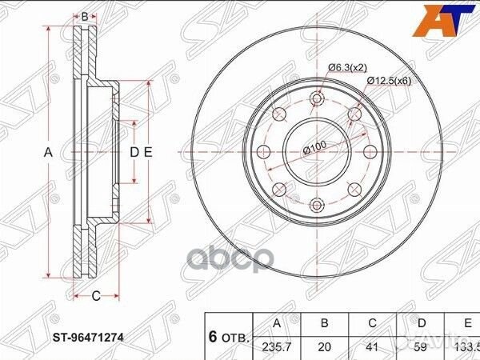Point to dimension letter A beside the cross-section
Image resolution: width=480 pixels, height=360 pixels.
pos(47,152)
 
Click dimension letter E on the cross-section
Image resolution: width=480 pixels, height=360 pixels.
pos(149,152)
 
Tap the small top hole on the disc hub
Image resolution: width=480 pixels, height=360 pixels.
pos(317,99)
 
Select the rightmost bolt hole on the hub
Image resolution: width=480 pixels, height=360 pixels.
pos(370,152)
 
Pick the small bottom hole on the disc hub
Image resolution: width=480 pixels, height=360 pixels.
pos(317,206)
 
